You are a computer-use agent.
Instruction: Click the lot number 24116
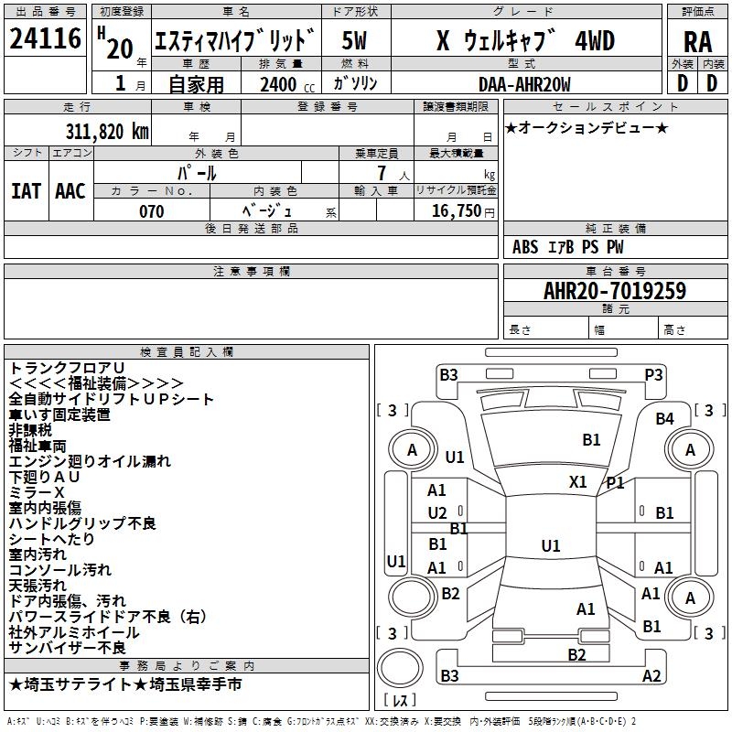coord(45,38)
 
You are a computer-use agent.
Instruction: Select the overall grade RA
coord(698,42)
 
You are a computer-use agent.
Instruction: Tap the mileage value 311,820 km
coord(107,132)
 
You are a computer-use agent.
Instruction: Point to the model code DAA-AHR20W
coord(524,84)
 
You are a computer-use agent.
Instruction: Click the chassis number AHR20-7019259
coord(615,290)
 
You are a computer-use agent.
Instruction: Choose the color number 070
coord(152,211)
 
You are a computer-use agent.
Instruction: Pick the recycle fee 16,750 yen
coord(463,211)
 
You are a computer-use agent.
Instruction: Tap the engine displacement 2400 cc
coord(287,84)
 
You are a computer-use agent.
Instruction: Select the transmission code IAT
coord(26,191)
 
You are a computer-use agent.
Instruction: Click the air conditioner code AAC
coord(70,191)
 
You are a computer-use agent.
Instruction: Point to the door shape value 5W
coord(354,40)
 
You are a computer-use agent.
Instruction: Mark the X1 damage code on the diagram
coord(578,481)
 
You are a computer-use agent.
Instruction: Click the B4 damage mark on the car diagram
coord(665,419)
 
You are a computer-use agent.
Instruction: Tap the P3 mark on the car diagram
coord(653,375)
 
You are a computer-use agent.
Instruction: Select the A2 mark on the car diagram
coord(651,675)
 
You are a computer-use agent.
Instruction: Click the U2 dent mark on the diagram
coord(437,513)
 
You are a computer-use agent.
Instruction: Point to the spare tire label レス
coord(400,699)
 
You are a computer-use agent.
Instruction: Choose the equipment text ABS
coord(525,247)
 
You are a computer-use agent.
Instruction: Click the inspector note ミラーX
coord(37,492)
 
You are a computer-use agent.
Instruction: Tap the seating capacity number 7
coord(382,173)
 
